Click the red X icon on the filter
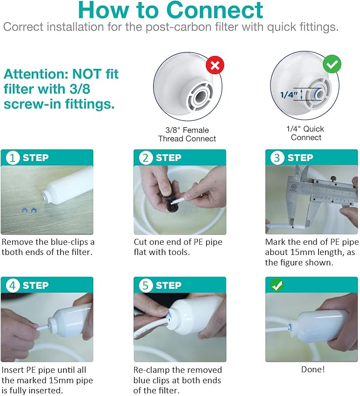tap(215, 66)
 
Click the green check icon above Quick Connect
tap(332, 65)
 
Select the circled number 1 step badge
tap(12, 157)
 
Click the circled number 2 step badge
tap(145, 157)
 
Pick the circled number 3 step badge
tap(276, 157)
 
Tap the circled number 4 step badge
tap(12, 285)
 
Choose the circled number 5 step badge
tap(145, 285)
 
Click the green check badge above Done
tap(276, 285)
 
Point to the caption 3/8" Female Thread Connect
tap(187, 134)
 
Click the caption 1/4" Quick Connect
tap(306, 133)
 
